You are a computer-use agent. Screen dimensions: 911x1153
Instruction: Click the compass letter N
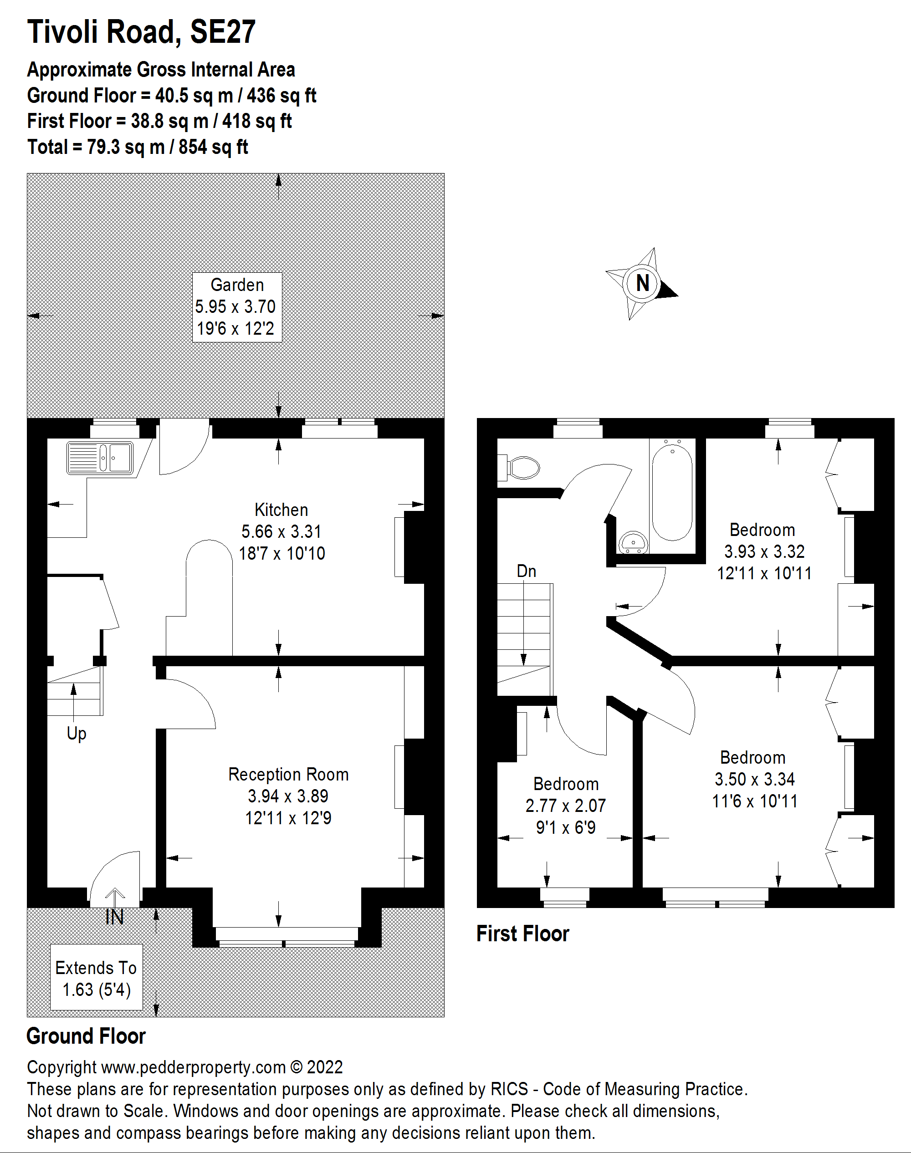click(x=642, y=283)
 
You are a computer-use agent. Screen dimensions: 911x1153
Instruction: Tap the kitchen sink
click(x=100, y=458)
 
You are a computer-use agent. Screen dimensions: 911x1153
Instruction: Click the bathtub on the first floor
click(x=672, y=492)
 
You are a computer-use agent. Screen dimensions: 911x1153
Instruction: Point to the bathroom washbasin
click(x=633, y=542)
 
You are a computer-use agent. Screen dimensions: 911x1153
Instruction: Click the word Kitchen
click(x=281, y=510)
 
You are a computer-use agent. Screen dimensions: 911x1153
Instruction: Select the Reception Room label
click(x=288, y=774)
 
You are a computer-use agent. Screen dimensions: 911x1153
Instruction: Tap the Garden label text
click(x=237, y=285)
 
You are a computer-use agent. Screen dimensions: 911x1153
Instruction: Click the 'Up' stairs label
click(x=76, y=734)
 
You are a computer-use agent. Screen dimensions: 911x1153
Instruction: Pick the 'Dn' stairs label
click(x=526, y=571)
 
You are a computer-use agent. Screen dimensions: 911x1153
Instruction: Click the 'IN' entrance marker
click(x=115, y=917)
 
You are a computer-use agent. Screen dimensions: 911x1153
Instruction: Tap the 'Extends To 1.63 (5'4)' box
click(x=97, y=979)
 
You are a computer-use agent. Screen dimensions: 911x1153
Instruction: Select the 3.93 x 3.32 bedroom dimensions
click(x=764, y=551)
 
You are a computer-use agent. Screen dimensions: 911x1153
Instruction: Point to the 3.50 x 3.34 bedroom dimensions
click(x=755, y=779)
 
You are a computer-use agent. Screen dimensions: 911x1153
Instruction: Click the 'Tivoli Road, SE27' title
click(x=141, y=31)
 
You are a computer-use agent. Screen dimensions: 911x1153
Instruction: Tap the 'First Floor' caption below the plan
click(x=523, y=934)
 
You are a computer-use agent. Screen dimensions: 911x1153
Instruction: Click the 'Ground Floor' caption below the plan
click(x=86, y=1036)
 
